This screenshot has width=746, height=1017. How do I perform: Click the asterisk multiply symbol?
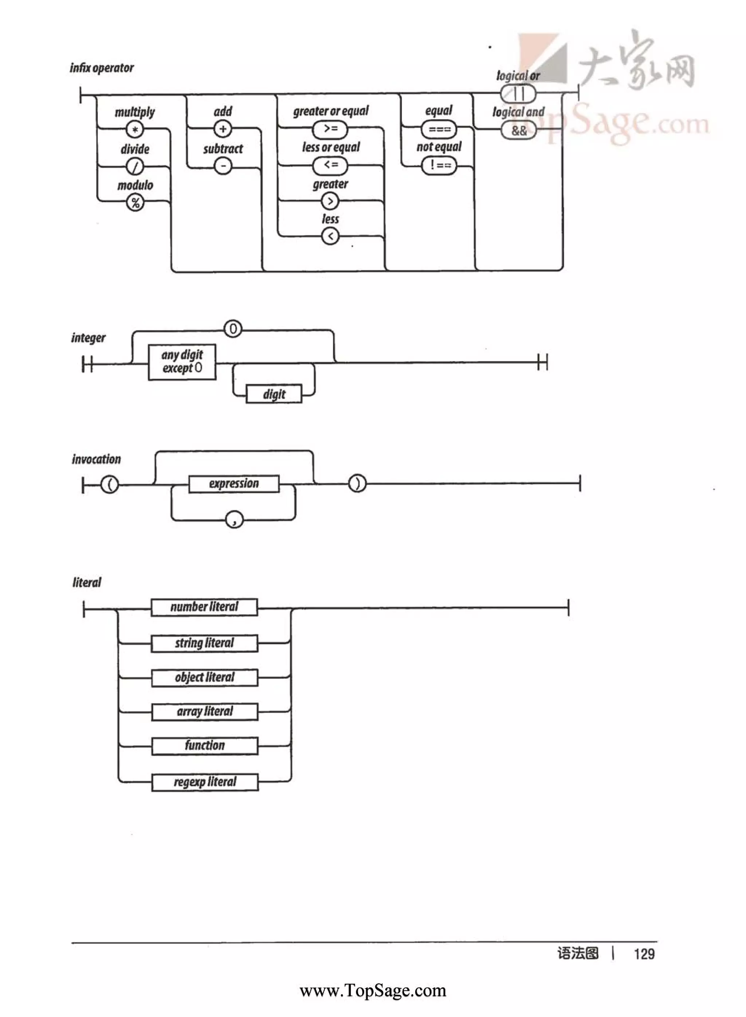[x=134, y=130]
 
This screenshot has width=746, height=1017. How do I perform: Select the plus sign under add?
[x=223, y=129]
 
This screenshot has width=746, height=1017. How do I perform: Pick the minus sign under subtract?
[x=223, y=166]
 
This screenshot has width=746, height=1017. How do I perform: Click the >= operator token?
[x=330, y=129]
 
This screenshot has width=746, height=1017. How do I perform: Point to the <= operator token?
[x=330, y=165]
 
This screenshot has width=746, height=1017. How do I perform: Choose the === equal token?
[x=439, y=130]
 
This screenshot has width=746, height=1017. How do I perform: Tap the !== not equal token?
[x=439, y=165]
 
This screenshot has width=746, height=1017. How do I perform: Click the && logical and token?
[x=519, y=131]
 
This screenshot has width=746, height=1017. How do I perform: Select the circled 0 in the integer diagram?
[x=233, y=329]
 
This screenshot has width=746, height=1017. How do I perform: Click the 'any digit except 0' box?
[x=182, y=362]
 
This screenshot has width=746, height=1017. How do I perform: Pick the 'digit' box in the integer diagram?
[x=274, y=394]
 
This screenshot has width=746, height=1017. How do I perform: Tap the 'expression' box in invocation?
[x=233, y=484]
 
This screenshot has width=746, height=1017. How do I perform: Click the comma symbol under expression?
[x=234, y=520]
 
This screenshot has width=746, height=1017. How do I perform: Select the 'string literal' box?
[x=205, y=643]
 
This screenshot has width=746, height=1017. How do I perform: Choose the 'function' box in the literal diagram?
[x=205, y=746]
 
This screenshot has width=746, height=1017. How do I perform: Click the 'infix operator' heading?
[x=102, y=68]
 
